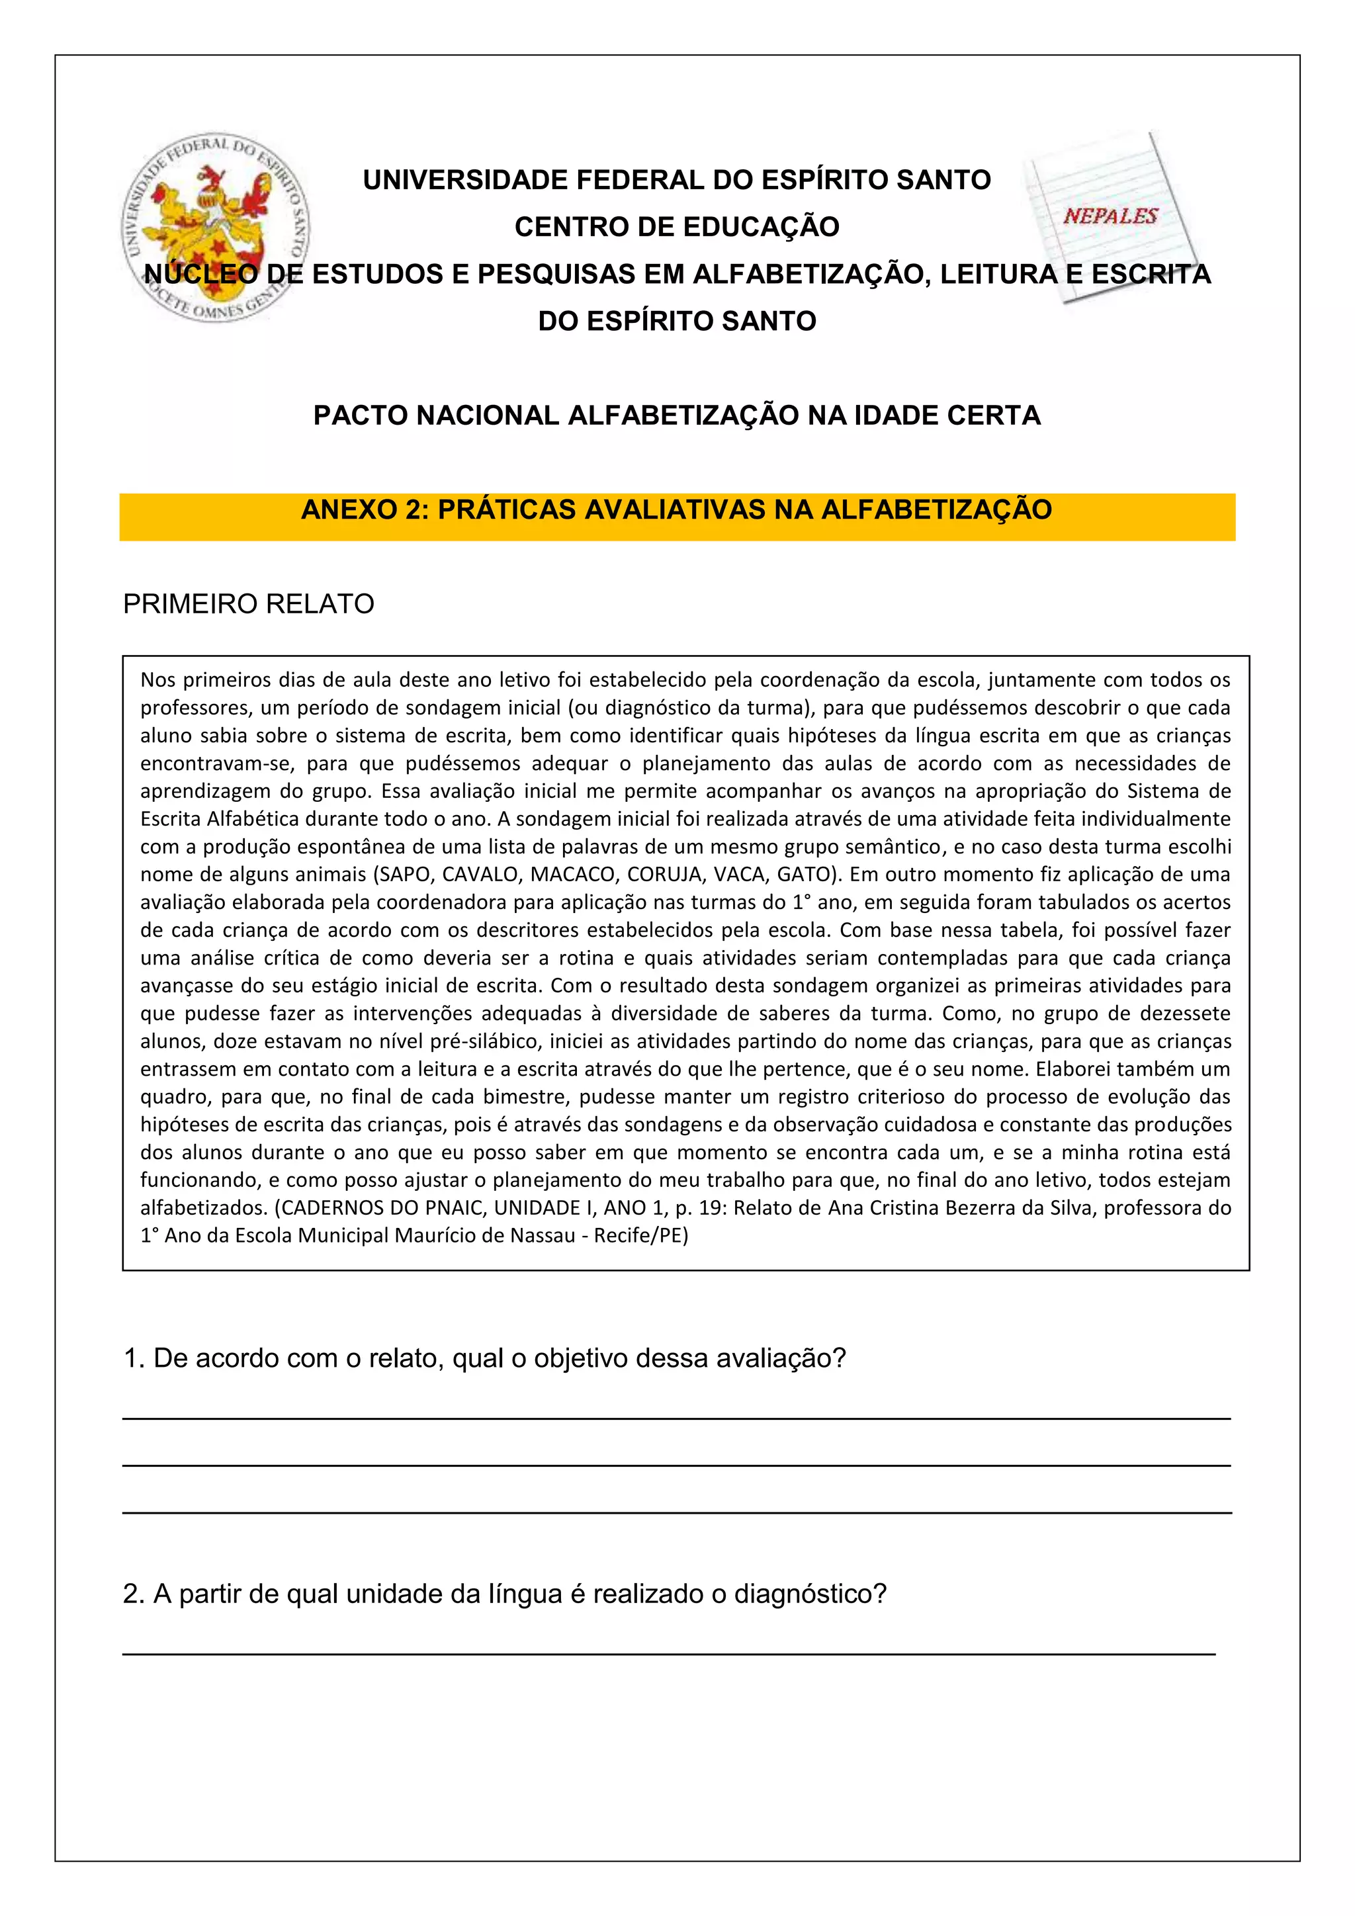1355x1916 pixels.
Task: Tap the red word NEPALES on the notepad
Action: pyautogui.click(x=1110, y=216)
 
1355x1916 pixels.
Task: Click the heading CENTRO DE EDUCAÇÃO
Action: pyautogui.click(x=677, y=227)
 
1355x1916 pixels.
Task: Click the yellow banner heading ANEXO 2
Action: pyautogui.click(x=677, y=510)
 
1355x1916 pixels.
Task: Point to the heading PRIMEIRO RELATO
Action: pyautogui.click(x=248, y=604)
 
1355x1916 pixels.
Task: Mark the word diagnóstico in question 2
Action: pyautogui.click(x=809, y=1594)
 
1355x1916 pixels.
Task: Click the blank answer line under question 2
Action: pyautogui.click(x=668, y=1653)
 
